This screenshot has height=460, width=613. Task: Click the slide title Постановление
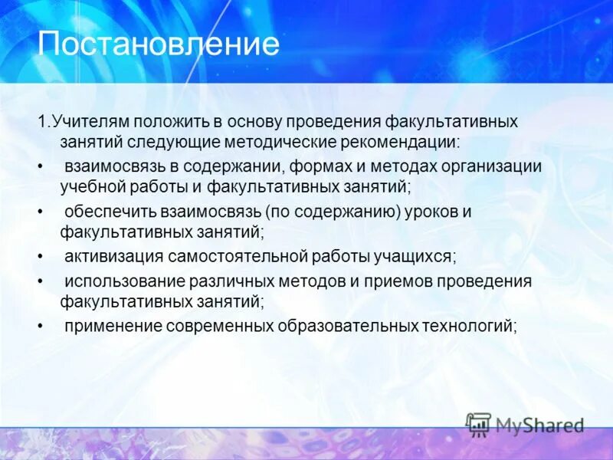159,44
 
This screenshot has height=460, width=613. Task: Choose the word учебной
93,186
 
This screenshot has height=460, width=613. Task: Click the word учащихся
415,256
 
